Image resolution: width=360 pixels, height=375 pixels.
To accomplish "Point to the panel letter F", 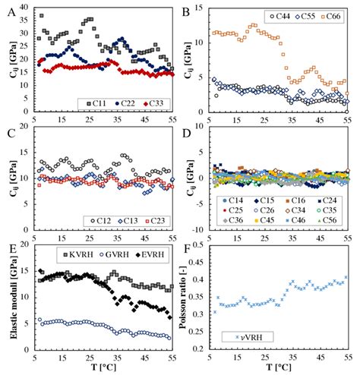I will [x=187, y=248].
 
